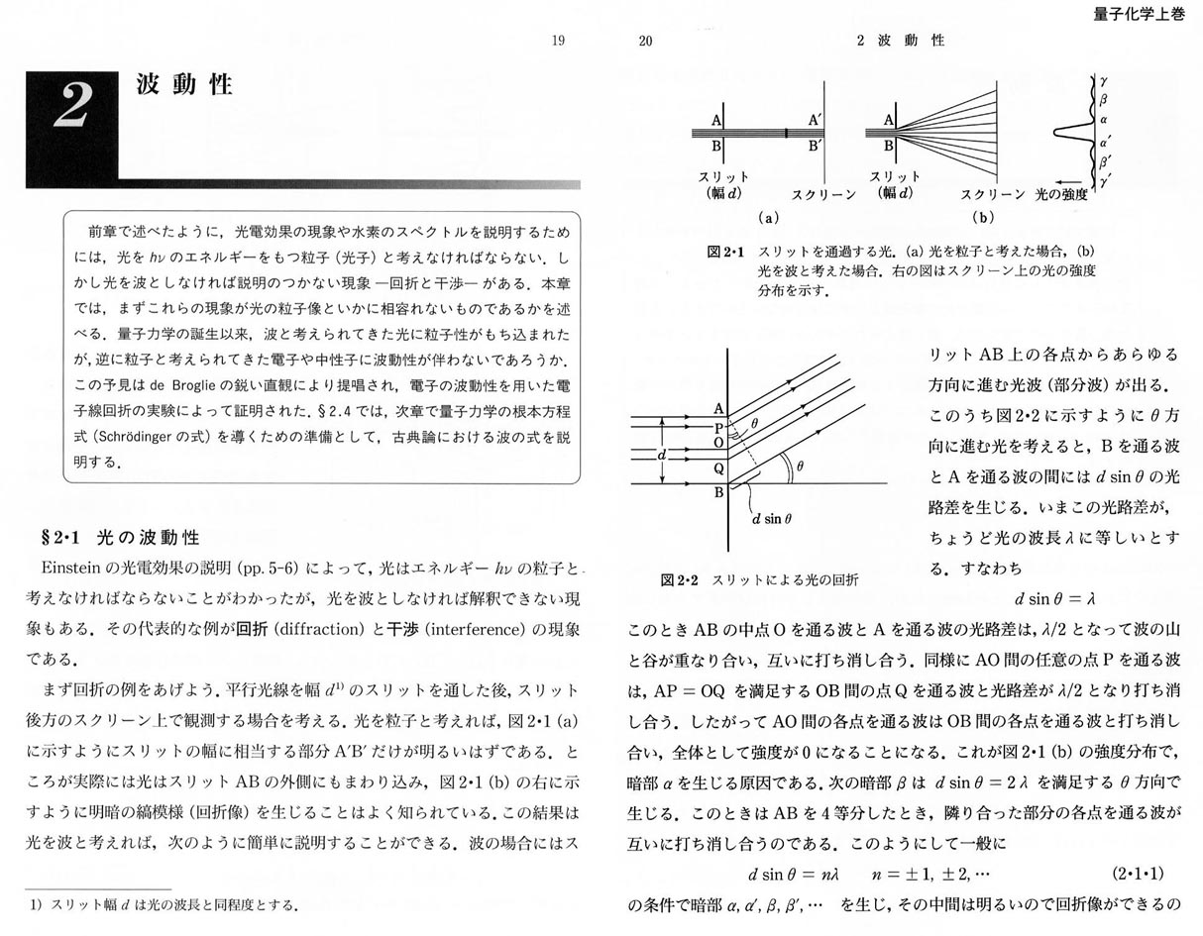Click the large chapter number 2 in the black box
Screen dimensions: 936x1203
72,106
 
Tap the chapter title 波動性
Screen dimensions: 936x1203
184,84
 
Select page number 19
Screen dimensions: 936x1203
558,41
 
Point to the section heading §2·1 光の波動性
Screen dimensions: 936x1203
120,537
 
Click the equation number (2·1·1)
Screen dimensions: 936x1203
1140,875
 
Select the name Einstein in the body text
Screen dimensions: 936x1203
77,569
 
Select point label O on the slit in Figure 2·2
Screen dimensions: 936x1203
717,443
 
